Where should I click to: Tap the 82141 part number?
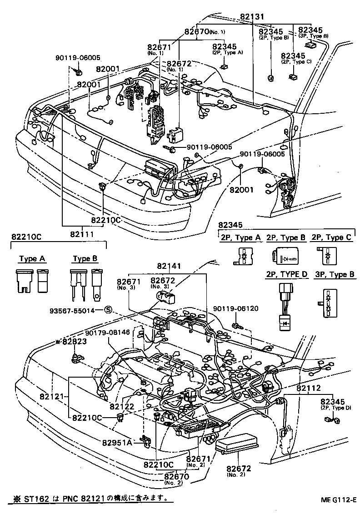pyautogui.click(x=170, y=266)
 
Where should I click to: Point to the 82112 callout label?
pyautogui.click(x=309, y=388)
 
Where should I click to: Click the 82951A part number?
pyautogui.click(x=120, y=442)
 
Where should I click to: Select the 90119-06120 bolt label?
pyautogui.click(x=236, y=308)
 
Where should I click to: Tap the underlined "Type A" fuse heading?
pyautogui.click(x=32, y=259)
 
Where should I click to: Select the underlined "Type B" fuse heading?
pyautogui.click(x=85, y=259)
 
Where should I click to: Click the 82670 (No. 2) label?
pyautogui.click(x=175, y=477)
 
